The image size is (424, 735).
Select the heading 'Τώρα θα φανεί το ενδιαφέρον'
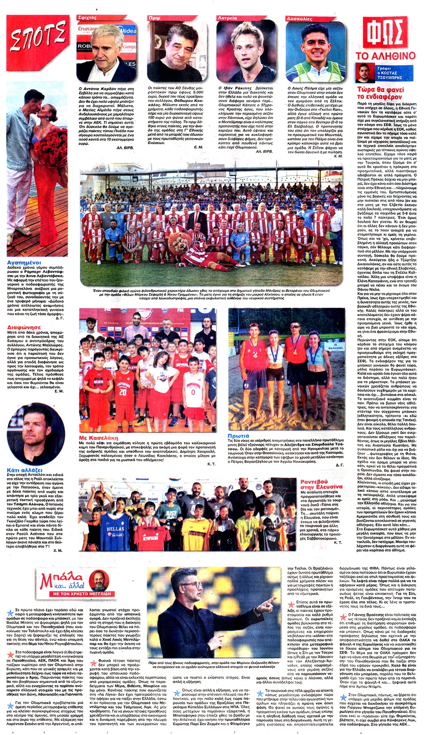(x=380, y=93)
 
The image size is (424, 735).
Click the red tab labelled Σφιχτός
(x=87, y=18)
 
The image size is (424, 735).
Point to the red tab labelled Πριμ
(x=155, y=18)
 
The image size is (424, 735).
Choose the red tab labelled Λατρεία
(x=227, y=18)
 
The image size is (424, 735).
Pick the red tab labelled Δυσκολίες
(x=300, y=19)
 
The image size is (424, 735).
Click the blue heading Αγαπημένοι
(x=24, y=263)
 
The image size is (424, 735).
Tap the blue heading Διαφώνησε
(x=24, y=328)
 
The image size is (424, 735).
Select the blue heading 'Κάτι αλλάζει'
(x=25, y=470)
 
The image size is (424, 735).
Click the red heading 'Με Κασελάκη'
(x=98, y=437)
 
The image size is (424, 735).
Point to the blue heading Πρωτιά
(x=238, y=436)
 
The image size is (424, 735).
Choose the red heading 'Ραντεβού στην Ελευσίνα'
(x=321, y=484)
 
